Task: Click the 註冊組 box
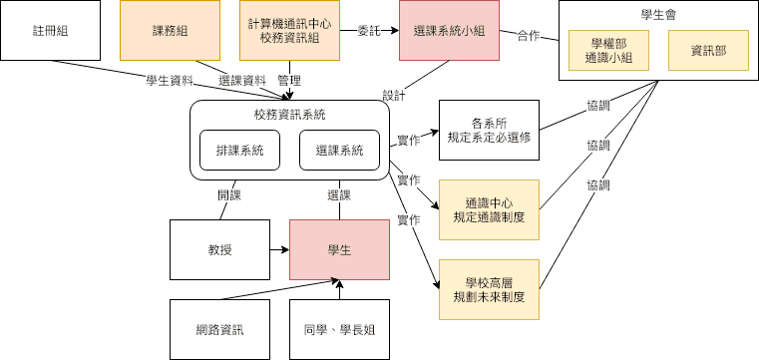pos(50,31)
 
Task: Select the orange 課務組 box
pos(170,31)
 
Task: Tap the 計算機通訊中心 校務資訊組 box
pos(289,31)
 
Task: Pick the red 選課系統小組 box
pos(449,31)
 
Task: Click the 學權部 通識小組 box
pos(609,50)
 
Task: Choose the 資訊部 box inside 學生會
pos(709,50)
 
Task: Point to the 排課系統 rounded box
pos(239,150)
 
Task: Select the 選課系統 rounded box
pos(339,150)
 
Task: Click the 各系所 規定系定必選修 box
pos(489,131)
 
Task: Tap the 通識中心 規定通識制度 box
pos(489,210)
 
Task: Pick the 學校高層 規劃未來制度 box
pos(489,289)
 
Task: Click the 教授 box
pos(219,249)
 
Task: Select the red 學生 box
pos(339,249)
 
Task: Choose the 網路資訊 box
pos(219,329)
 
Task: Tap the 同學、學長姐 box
pos(339,329)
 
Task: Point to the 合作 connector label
pos(529,36)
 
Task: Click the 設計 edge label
pos(395,96)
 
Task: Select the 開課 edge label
pos(229,195)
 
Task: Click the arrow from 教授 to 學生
pos(280,249)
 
